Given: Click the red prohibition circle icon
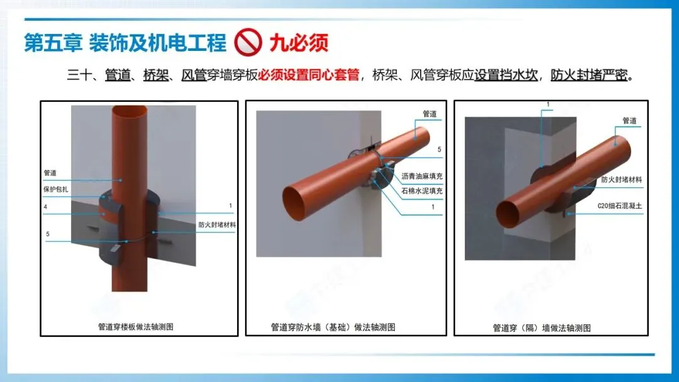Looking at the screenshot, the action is pyautogui.click(x=248, y=42).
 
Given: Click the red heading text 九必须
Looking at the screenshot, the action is pyautogui.click(x=299, y=43).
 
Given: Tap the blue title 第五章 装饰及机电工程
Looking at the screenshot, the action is pyautogui.click(x=125, y=43).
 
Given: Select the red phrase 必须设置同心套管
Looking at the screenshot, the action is pyautogui.click(x=309, y=75).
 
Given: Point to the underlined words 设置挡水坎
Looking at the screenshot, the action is pyautogui.click(x=505, y=75).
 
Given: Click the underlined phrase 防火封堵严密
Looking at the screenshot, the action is pyautogui.click(x=589, y=75).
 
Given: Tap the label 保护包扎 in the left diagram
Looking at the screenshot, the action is pyautogui.click(x=56, y=189).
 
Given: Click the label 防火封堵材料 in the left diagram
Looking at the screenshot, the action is pyautogui.click(x=217, y=224).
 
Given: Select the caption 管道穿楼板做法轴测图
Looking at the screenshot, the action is pyautogui.click(x=136, y=327).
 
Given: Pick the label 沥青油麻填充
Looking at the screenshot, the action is pyautogui.click(x=422, y=176).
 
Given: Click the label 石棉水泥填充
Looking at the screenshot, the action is pyautogui.click(x=422, y=190).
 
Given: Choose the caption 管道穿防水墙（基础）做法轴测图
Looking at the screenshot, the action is pyautogui.click(x=333, y=327).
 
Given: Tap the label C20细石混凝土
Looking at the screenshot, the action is pyautogui.click(x=620, y=206).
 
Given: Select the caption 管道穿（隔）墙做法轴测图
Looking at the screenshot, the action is pyautogui.click(x=542, y=328).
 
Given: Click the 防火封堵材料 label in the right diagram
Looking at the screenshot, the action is pyautogui.click(x=621, y=180).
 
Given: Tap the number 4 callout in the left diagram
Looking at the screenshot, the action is pyautogui.click(x=45, y=207).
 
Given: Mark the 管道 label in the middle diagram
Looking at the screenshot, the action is pyautogui.click(x=429, y=114).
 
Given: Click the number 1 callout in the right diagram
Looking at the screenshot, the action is pyautogui.click(x=548, y=104).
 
